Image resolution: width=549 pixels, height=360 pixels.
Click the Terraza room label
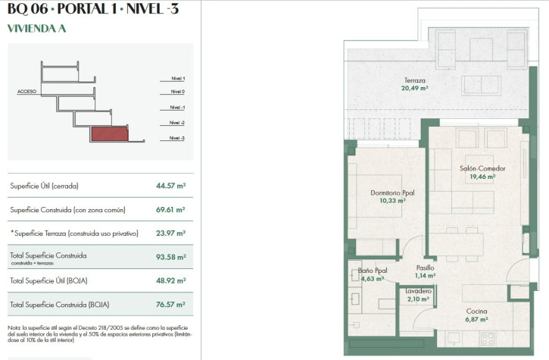tap(414, 80)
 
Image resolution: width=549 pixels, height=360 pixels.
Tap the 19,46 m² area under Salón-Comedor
tap(482, 177)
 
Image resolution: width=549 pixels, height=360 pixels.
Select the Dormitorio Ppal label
tap(392, 193)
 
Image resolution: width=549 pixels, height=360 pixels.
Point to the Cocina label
tap(476, 311)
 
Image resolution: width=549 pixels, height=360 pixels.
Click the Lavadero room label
tap(418, 291)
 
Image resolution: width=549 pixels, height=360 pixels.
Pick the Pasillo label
tap(425, 268)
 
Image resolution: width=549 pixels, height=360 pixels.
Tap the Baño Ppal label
tap(373, 271)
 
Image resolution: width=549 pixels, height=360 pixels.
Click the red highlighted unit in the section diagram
tap(110, 133)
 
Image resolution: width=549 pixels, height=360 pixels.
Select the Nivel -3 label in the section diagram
tap(176, 138)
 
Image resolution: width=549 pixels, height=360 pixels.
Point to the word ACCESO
tap(27, 92)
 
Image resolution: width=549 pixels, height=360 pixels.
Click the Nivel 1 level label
tap(178, 79)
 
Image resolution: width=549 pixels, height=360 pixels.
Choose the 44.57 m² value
tap(171, 186)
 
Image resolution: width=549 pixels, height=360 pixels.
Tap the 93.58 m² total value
tap(171, 257)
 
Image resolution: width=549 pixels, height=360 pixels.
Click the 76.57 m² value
tap(170, 305)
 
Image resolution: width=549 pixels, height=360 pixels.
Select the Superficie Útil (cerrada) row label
tap(44, 186)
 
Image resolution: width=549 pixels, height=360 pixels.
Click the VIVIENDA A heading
tap(37, 28)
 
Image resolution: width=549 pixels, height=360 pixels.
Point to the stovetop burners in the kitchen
tap(488, 339)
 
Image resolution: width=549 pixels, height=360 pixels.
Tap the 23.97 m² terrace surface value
tap(171, 233)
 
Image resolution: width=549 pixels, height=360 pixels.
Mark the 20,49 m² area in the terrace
tap(414, 88)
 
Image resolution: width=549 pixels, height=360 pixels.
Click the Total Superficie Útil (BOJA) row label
tap(48, 280)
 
